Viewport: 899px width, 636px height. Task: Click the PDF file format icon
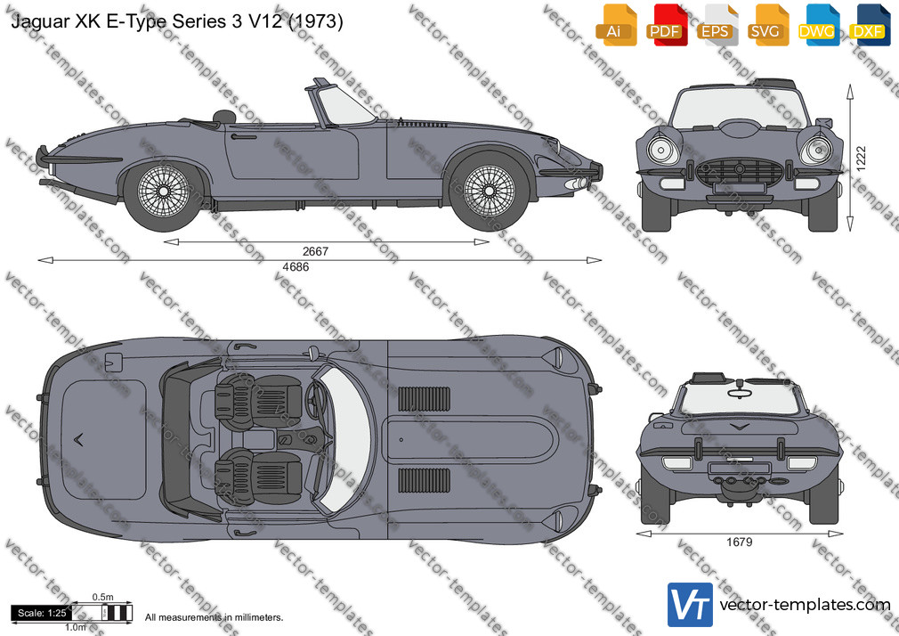(666, 25)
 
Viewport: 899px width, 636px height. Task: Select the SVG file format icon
(767, 25)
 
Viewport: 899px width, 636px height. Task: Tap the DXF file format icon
(870, 25)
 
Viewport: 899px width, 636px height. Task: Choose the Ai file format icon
(616, 25)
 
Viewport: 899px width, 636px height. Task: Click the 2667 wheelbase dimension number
(315, 251)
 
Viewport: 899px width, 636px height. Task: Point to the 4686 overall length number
(296, 267)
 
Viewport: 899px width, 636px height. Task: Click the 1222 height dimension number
(861, 159)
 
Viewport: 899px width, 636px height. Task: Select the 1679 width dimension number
(739, 542)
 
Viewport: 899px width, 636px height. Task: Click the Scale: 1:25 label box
(41, 613)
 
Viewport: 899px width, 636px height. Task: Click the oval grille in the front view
(739, 171)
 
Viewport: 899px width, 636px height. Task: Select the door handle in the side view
(244, 136)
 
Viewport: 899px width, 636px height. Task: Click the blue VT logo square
(691, 605)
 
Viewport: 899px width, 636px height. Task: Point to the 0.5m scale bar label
(102, 597)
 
